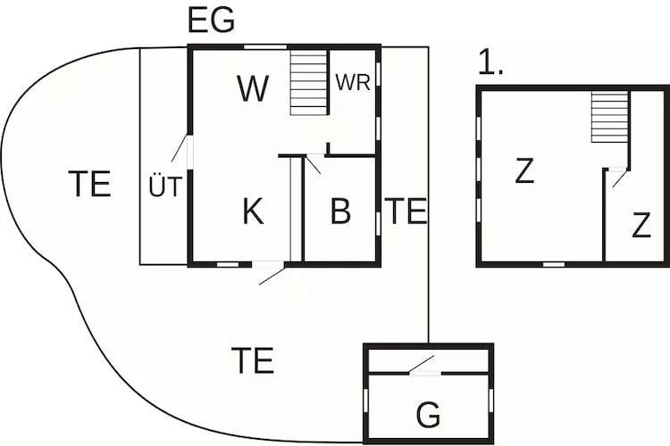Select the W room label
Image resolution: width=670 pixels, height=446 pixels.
[253, 89]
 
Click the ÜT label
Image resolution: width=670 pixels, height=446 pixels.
[165, 187]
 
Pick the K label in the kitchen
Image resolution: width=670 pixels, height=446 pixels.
[253, 212]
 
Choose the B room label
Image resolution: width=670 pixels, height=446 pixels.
[340, 212]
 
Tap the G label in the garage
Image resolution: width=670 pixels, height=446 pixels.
[429, 416]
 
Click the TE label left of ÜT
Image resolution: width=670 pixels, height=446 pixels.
[89, 184]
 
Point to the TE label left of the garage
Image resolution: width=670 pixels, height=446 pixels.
[252, 361]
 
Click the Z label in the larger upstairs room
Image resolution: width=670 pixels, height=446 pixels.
[524, 171]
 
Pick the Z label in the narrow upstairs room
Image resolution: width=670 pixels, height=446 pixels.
[641, 227]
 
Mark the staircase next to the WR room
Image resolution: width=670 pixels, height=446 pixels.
[310, 82]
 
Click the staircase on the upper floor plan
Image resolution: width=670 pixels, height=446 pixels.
[610, 116]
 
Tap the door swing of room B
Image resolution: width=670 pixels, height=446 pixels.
[314, 164]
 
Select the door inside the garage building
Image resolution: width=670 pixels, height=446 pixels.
[422, 366]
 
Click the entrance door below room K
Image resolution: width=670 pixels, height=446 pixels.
[271, 273]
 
